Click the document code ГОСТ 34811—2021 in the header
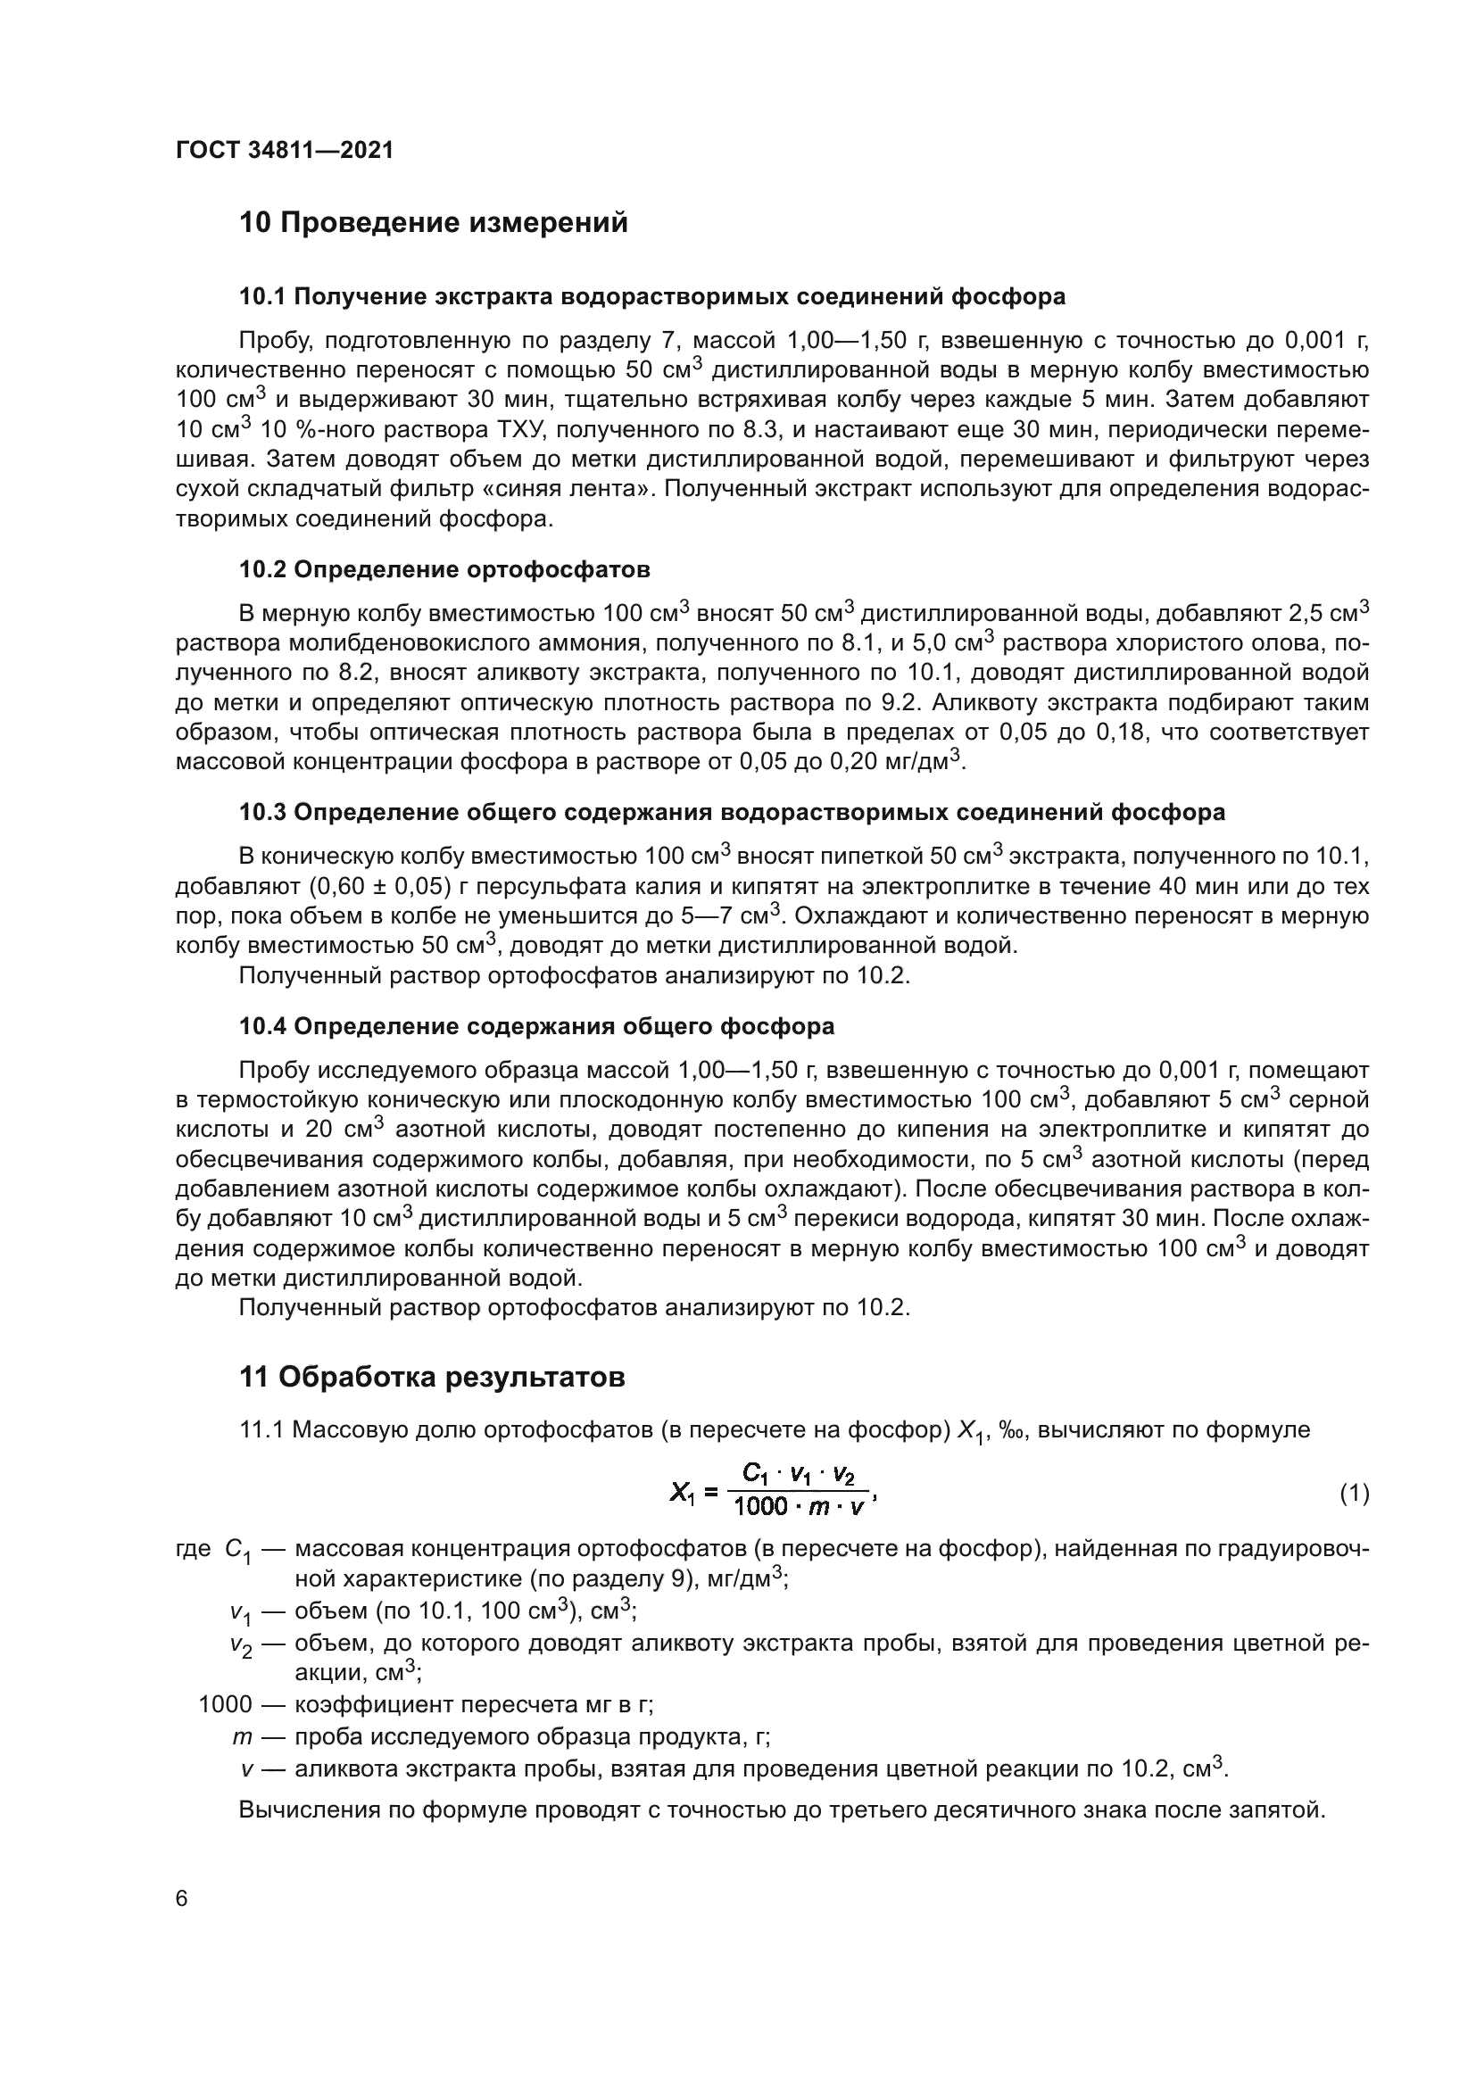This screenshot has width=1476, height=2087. click(x=285, y=151)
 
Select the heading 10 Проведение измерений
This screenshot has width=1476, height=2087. click(x=434, y=222)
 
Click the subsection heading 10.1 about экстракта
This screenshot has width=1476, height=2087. click(x=651, y=296)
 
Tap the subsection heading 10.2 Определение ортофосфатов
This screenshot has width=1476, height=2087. click(x=444, y=570)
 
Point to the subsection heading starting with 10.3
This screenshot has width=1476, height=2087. click(x=732, y=812)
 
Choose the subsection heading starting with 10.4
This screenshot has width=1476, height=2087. click(x=536, y=1026)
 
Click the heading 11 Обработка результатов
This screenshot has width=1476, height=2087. click(x=432, y=1377)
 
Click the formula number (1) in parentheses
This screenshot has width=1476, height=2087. click(x=1355, y=1493)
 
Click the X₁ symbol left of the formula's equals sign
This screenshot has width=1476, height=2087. click(x=682, y=1493)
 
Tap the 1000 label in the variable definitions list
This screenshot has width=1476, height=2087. click(x=225, y=1703)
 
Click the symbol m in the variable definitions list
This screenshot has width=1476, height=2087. click(x=241, y=1736)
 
